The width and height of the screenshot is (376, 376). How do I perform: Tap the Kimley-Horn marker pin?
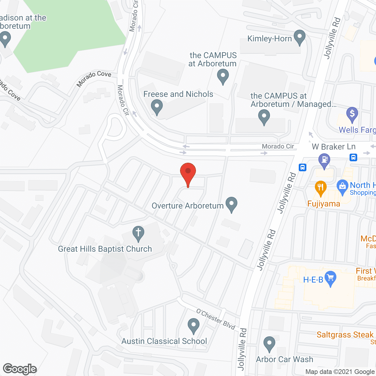point(300,37)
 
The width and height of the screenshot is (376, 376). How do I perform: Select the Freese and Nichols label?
point(178,94)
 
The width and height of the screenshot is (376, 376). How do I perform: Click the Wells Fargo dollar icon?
point(352,114)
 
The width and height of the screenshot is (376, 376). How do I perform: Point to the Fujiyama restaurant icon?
point(320,188)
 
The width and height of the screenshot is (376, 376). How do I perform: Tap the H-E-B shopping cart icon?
point(331,278)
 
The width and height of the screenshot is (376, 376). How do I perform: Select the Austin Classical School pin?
point(194,326)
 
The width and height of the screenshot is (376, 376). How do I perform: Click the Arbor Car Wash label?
point(284,359)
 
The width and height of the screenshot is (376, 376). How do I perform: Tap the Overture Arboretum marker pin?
point(231,204)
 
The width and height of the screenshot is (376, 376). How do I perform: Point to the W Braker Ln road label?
point(333,147)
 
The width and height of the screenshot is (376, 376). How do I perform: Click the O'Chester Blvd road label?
point(216,319)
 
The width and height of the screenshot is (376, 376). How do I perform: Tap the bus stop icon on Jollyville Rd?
point(303,167)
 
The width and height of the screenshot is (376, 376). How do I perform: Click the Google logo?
point(20,369)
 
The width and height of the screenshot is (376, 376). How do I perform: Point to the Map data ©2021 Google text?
point(340,372)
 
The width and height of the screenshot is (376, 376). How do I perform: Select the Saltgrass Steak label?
point(345,335)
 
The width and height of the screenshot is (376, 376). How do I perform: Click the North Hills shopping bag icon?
point(342,187)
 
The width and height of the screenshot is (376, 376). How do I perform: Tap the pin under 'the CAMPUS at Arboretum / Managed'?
point(264,117)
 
